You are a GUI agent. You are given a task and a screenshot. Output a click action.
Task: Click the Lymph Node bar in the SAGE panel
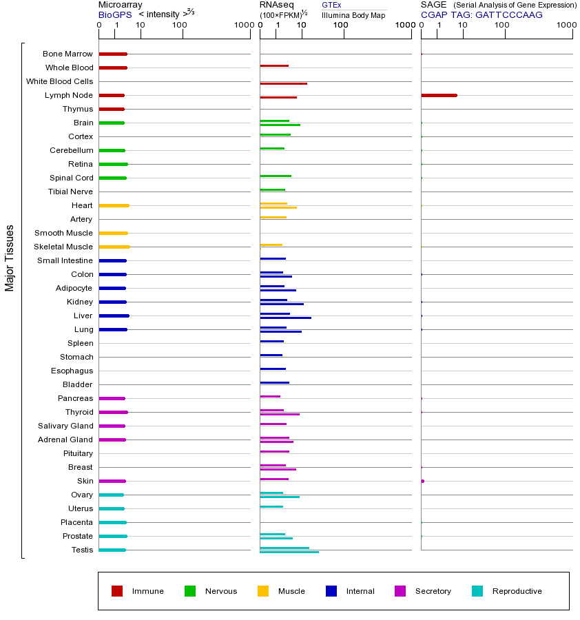(x=439, y=95)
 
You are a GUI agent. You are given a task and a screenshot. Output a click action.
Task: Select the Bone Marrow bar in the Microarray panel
(x=113, y=54)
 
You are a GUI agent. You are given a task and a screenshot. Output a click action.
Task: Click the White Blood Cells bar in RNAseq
(x=283, y=83)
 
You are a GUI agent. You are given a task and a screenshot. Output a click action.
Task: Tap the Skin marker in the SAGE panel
(x=422, y=481)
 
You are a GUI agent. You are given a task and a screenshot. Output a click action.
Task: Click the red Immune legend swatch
(x=117, y=591)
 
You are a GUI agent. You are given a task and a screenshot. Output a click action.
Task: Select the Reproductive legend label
(x=517, y=591)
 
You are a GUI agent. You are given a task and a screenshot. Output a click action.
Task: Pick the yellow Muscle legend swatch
(x=263, y=591)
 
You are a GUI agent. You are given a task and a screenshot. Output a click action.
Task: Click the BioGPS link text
(x=115, y=14)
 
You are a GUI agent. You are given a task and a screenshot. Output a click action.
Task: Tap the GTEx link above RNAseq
(x=331, y=6)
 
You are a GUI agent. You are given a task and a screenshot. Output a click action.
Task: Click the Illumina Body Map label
(x=353, y=14)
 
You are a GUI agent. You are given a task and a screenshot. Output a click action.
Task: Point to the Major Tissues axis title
(x=10, y=258)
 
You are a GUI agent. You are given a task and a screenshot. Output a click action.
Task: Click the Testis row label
(x=81, y=550)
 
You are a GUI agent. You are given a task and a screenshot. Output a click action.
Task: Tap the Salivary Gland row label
(x=65, y=426)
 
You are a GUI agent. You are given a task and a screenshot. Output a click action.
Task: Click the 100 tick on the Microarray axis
(x=180, y=25)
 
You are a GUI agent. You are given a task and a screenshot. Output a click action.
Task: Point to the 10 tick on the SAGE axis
(x=462, y=25)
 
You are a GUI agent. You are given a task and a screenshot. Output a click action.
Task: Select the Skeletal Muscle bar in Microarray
(x=114, y=247)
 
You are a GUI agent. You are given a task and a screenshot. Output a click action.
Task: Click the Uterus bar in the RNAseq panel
(x=271, y=506)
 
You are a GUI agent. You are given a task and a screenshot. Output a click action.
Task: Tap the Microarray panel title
(x=121, y=5)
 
